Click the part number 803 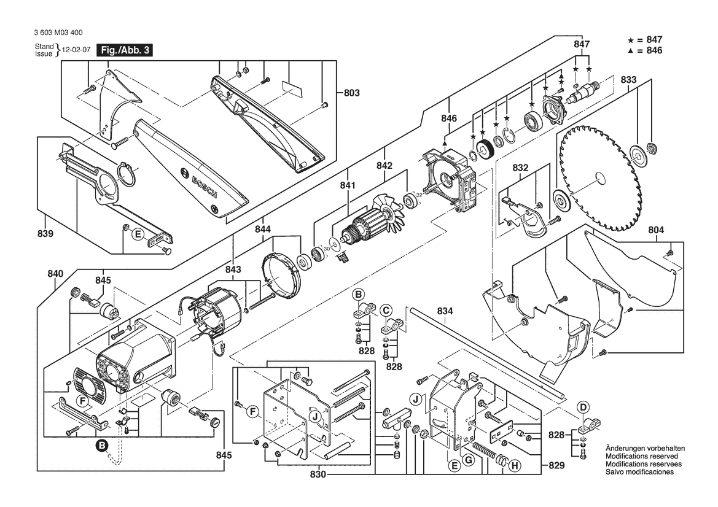click(351, 93)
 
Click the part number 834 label click(445, 312)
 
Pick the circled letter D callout click(583, 406)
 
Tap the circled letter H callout click(515, 466)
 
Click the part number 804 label click(656, 231)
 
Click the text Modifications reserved click(642, 457)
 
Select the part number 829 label click(556, 466)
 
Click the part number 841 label click(348, 185)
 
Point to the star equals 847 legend click(644, 40)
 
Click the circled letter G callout click(468, 460)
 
